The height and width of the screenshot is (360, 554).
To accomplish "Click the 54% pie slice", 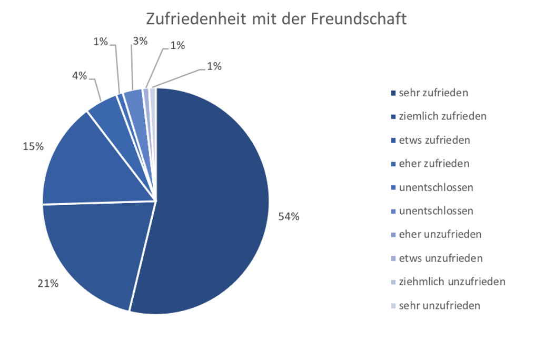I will click(x=211, y=200).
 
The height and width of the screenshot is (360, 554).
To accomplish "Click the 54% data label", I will click(x=289, y=216).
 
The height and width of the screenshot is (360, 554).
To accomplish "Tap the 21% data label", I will click(x=47, y=284).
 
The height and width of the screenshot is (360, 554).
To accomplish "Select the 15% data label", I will click(x=33, y=147).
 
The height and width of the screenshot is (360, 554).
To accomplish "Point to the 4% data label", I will click(x=80, y=76).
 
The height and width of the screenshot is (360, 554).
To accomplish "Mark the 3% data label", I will click(x=140, y=41).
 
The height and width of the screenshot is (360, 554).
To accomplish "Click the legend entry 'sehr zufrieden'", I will click(x=433, y=93).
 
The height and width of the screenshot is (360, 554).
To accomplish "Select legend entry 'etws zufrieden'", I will click(x=434, y=140).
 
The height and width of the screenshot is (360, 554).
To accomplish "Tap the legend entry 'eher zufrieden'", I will click(x=433, y=164).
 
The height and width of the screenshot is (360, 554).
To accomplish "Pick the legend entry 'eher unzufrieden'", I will click(x=440, y=234).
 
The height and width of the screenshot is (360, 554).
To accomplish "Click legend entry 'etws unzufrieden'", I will click(x=440, y=258).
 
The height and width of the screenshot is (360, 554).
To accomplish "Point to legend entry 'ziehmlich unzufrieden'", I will click(x=452, y=282).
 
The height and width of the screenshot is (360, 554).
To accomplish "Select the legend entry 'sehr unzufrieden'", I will click(x=439, y=305).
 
